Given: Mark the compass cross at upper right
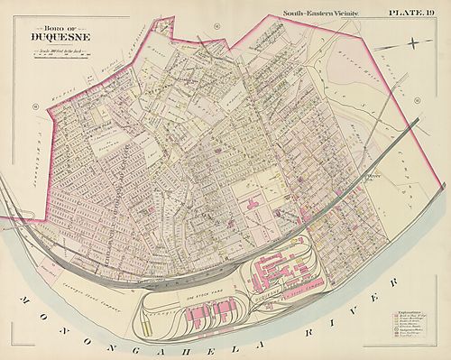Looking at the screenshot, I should point(411,42).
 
